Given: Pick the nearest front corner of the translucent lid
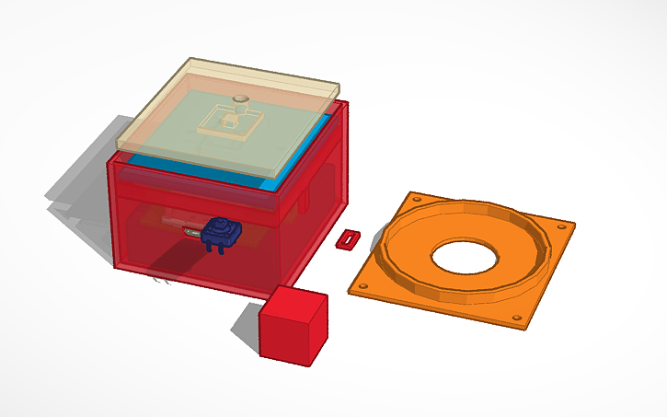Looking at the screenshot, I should [276, 175].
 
